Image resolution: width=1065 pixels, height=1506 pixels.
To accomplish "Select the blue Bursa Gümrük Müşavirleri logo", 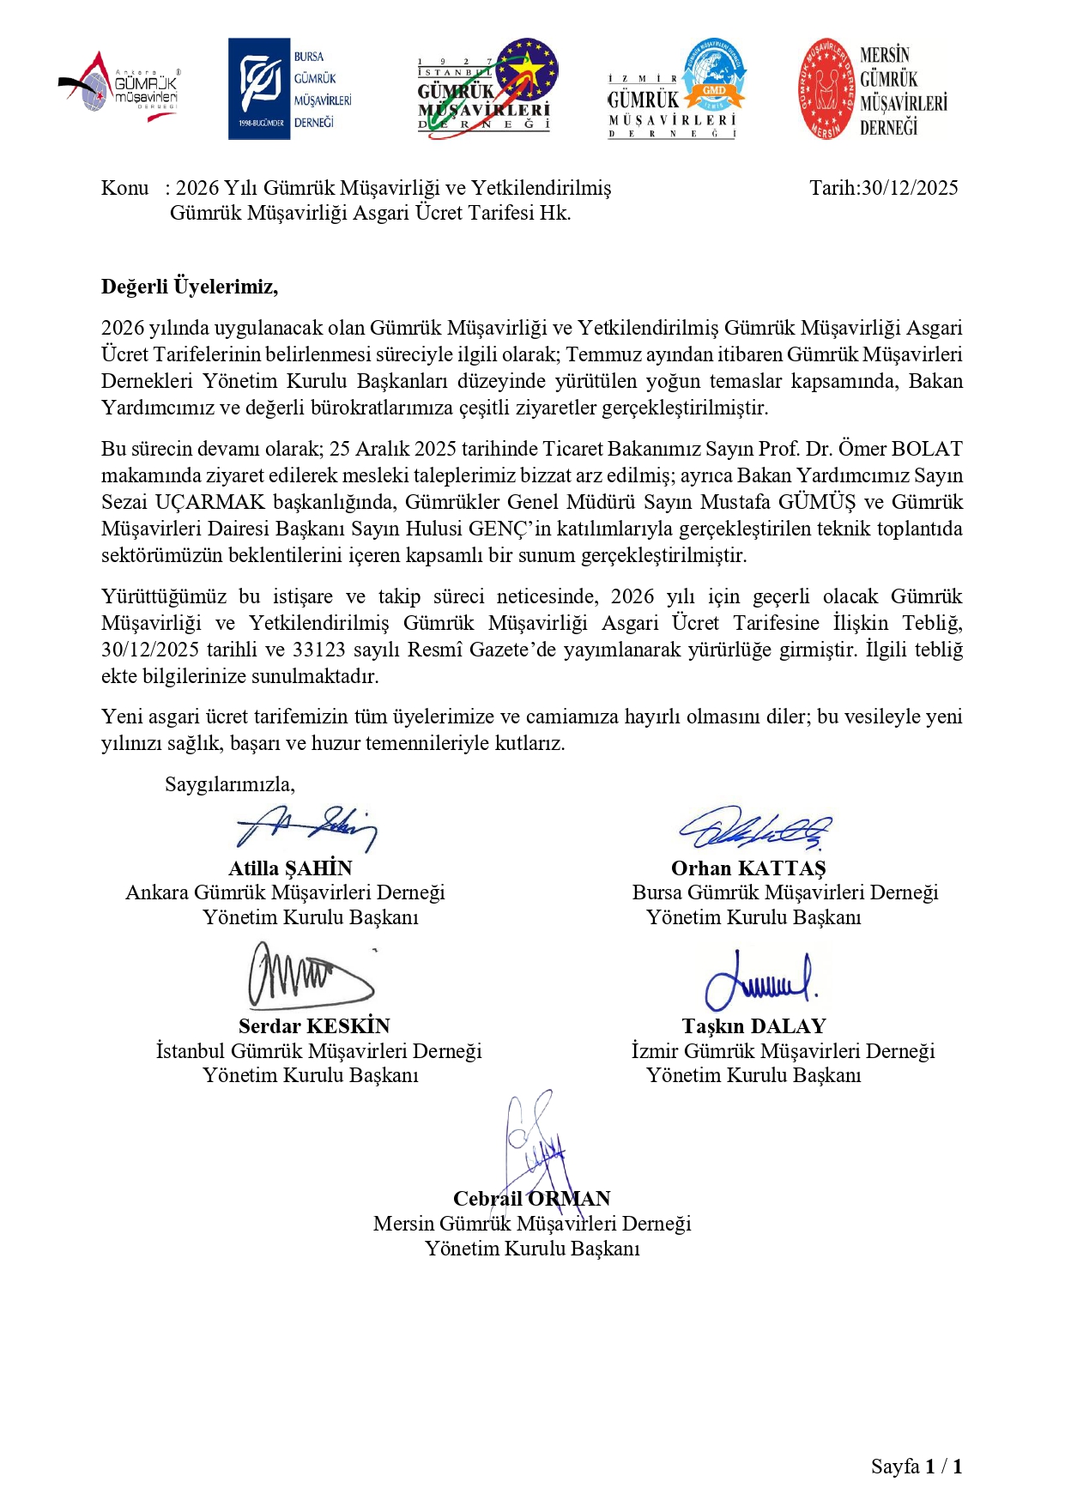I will [290, 88].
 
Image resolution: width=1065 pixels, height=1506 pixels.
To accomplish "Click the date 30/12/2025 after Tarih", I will [909, 188].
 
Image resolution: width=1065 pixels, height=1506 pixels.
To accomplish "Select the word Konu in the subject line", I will [125, 188].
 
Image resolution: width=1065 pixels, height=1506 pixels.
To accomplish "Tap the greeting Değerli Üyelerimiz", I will [189, 287].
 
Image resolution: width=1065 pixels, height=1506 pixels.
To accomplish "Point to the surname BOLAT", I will [927, 449].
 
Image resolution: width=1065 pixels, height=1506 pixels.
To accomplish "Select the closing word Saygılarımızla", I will [229, 784].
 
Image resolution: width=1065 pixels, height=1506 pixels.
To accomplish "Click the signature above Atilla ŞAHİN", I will [306, 827].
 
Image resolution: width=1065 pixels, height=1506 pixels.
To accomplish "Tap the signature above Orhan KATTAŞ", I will [755, 828].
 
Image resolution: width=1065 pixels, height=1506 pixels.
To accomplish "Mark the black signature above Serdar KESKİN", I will [310, 976].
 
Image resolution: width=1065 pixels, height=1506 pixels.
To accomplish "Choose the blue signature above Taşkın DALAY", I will [760, 980].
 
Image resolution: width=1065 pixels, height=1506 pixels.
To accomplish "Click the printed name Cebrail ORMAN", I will [532, 1199].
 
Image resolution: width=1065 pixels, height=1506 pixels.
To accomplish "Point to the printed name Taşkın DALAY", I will [753, 1026].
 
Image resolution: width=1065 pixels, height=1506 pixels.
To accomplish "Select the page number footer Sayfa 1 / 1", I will [917, 1467].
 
